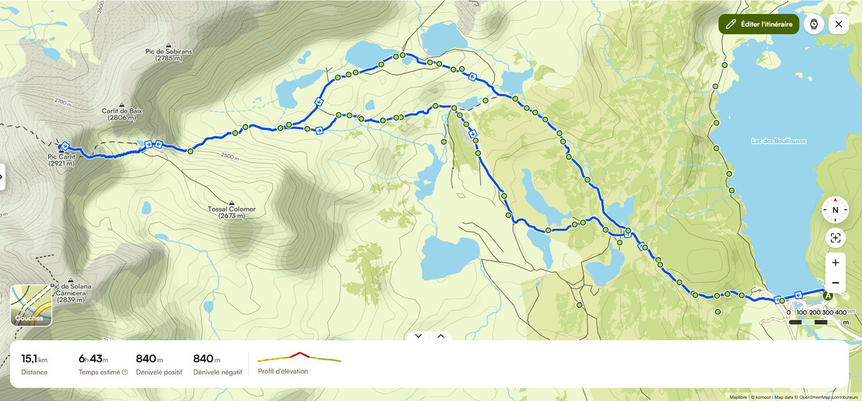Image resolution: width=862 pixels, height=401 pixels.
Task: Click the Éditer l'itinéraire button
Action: pos(759,24)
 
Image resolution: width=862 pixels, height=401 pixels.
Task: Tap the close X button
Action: pos(838,24)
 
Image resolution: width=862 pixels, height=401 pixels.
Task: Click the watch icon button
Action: pos(814,24)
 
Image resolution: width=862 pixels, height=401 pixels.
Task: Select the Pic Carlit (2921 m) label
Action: pos(62,160)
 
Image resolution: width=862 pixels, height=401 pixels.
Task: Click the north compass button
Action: pos(835,210)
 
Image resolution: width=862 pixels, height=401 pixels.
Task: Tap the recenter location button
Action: pos(835,238)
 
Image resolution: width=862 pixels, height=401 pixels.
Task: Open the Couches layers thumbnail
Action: pos(31,306)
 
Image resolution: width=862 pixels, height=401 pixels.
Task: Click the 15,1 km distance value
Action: pos(34,359)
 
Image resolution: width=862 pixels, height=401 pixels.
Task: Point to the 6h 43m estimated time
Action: pos(93,359)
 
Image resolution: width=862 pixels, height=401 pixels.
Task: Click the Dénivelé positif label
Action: pos(159,372)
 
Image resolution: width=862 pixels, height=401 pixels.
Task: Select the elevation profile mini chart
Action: pos(300,357)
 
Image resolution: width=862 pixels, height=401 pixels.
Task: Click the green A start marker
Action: pos(828,295)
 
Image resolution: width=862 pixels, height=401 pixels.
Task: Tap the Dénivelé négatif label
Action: pos(218,372)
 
